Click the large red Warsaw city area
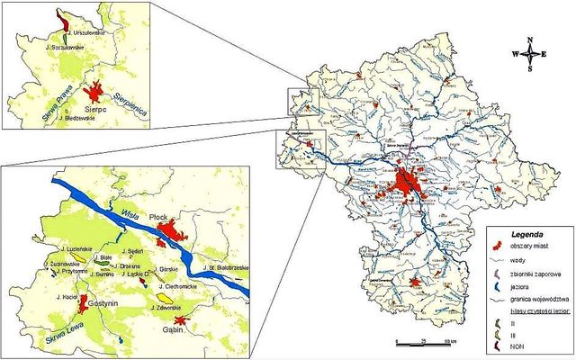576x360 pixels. coord(406,184)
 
